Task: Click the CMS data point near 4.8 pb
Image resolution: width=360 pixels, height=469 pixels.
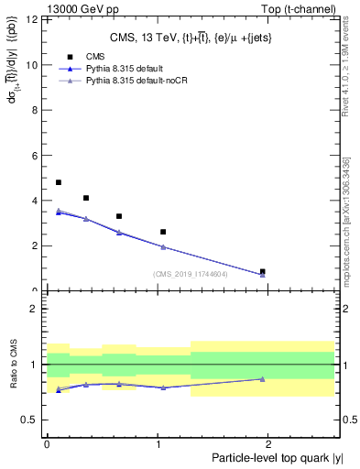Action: (x=59, y=182)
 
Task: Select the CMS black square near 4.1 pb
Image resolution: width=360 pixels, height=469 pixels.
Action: (x=86, y=198)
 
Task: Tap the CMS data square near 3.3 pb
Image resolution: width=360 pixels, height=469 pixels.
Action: (x=119, y=216)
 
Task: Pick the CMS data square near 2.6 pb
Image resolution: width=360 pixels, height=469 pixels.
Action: (x=163, y=232)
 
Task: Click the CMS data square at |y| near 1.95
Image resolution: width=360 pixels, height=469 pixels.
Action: (x=263, y=271)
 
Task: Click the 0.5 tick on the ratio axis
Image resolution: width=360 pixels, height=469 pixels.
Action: (x=33, y=420)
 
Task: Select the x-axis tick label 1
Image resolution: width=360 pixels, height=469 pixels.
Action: (x=159, y=443)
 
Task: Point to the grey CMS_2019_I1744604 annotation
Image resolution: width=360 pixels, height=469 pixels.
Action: (x=190, y=274)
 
